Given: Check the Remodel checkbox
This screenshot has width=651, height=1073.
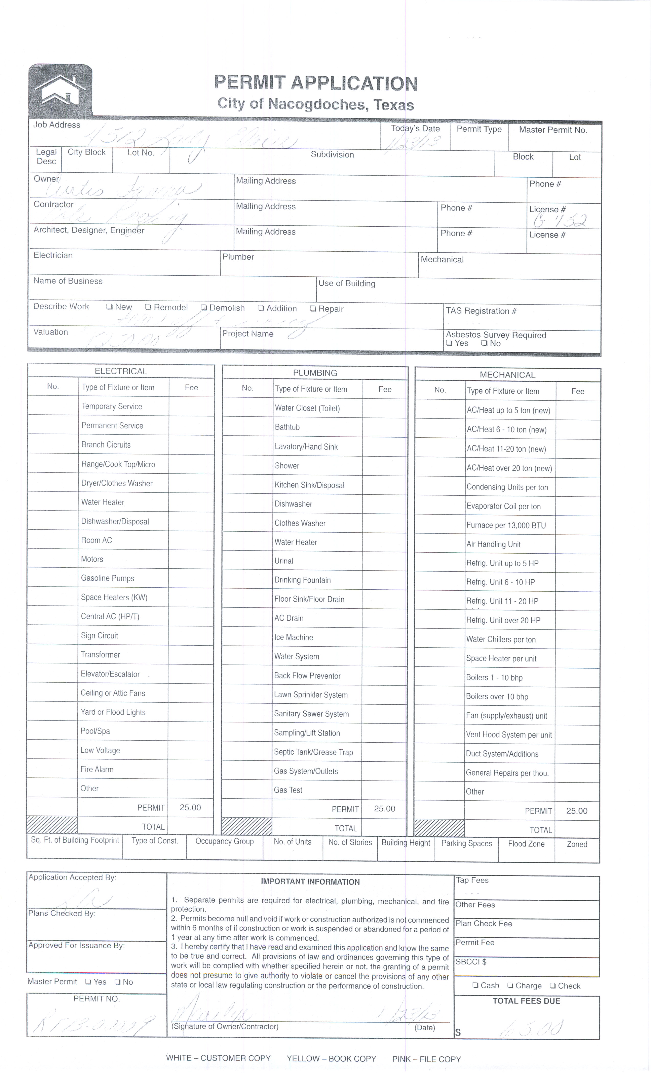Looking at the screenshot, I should point(148,307).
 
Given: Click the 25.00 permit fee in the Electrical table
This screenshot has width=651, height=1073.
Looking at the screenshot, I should point(190,807).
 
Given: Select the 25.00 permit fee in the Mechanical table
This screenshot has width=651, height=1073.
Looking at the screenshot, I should point(577,811).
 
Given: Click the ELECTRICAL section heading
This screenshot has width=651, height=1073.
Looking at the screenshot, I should point(121,371).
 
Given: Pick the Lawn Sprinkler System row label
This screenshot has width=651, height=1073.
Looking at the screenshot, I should point(311,695).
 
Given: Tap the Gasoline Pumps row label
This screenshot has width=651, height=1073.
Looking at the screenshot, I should point(107,578).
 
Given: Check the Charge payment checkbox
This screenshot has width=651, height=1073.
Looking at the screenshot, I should point(510,985).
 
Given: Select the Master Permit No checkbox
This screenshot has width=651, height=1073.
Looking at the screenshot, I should point(117,982).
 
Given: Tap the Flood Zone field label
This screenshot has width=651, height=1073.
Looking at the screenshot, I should point(526,844).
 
